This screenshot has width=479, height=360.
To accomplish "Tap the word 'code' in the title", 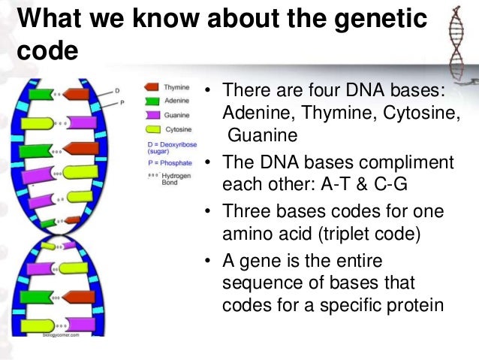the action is (47, 53).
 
